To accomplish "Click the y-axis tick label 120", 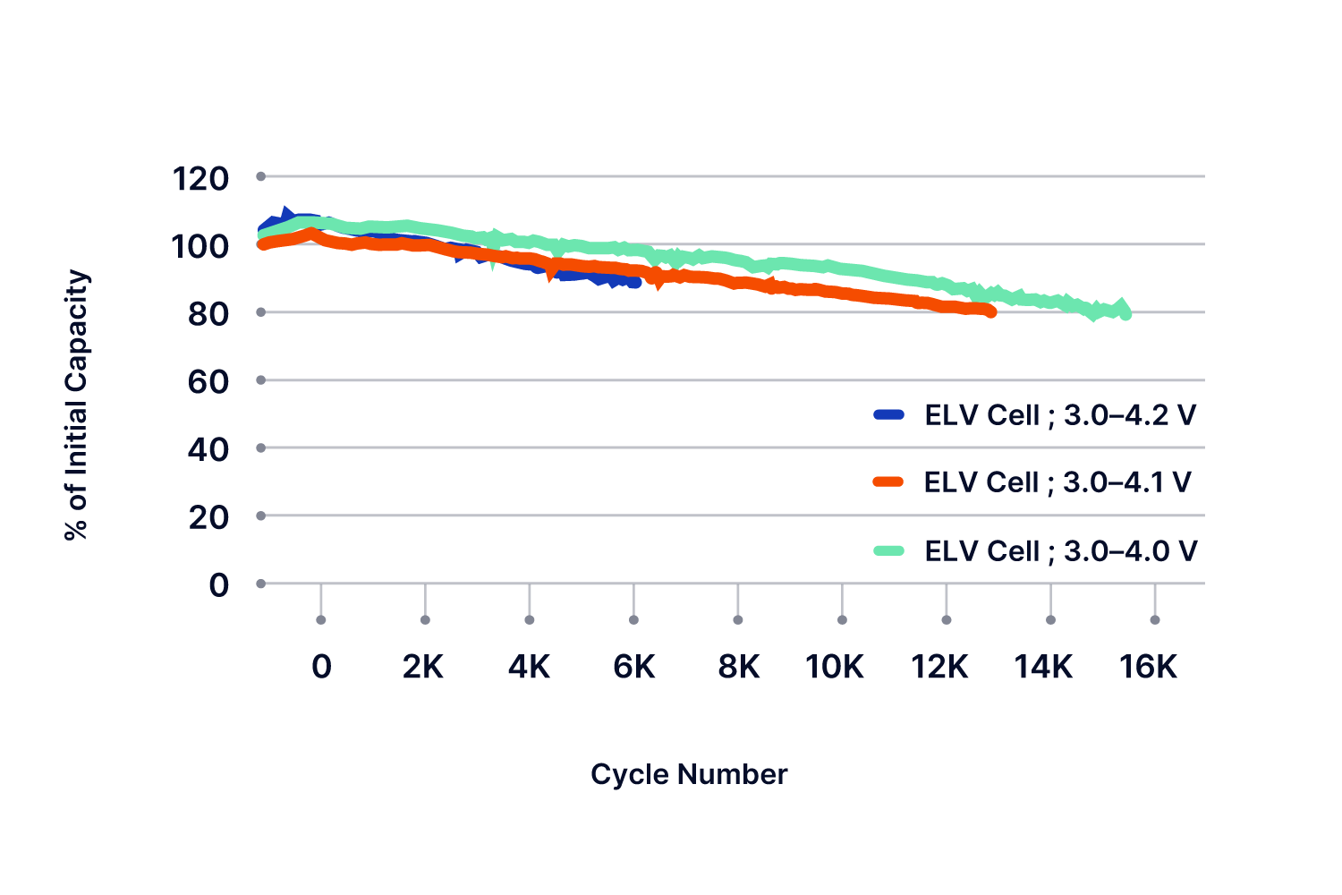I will coord(200,179).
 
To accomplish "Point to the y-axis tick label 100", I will coord(200,246).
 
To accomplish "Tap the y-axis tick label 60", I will coord(208,382).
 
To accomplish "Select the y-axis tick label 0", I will coord(219,585).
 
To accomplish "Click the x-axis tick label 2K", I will coord(423,667).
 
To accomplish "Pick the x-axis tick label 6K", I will coord(634,667).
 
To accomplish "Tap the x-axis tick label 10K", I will coord(835,667).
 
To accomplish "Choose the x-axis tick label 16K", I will coord(1149,667).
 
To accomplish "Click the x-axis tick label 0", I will coord(321,667).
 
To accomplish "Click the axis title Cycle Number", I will coord(689,774).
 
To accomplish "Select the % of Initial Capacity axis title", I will coord(77,405).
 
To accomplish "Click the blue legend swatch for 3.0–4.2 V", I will coord(888,414).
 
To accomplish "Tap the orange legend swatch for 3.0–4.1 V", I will coord(888,482).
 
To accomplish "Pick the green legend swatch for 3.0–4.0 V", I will coord(888,550).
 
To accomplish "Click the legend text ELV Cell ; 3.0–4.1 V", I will coord(1057,482).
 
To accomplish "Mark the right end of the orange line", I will coord(990,311).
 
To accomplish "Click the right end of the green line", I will coord(1125,313).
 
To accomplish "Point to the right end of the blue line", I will coord(635,282).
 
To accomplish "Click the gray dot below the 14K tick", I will coord(1050,619).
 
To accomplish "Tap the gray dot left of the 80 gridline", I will coord(261,312).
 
